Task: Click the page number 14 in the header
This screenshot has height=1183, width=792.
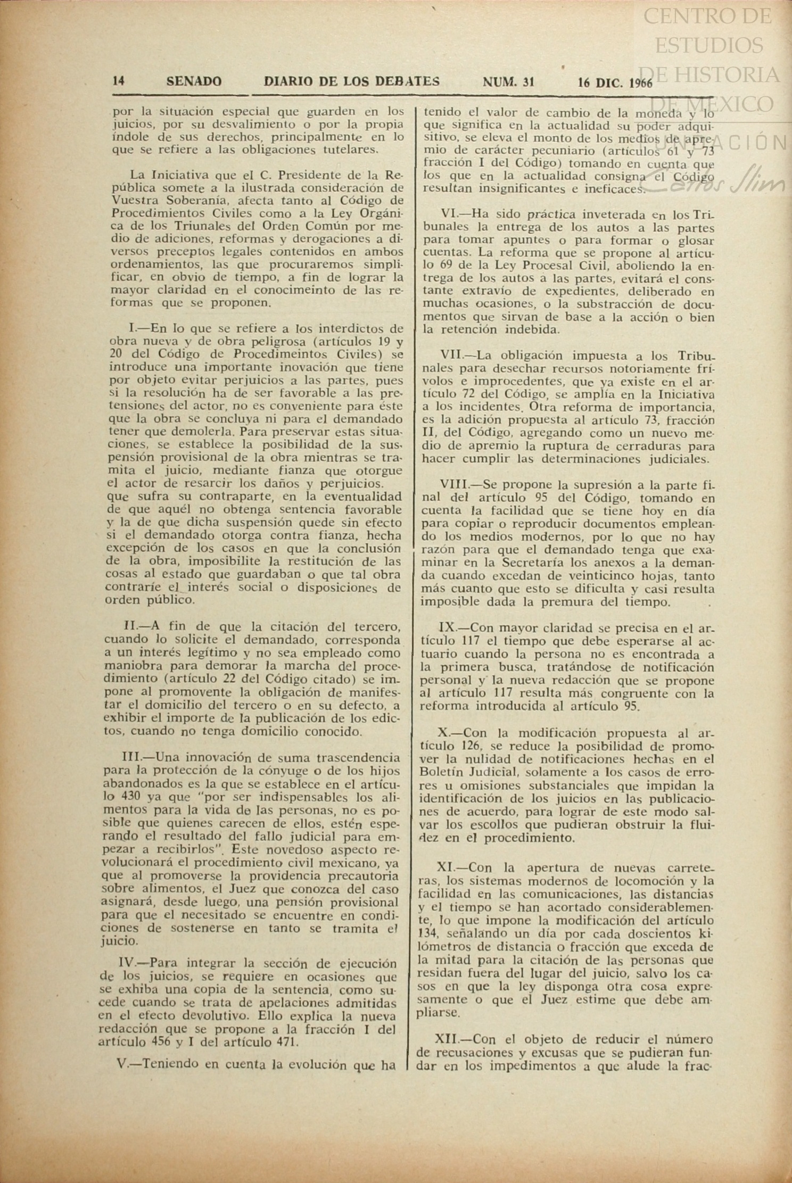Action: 118,81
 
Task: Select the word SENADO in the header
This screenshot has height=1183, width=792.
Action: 194,81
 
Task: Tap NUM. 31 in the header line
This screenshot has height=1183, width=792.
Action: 508,81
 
